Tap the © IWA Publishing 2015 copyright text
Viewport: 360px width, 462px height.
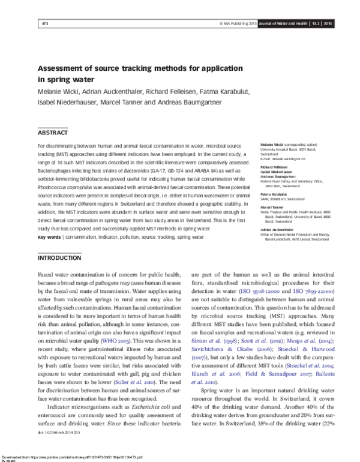(238, 23)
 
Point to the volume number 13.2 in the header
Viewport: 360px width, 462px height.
(314, 23)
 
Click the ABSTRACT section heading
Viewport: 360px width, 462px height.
(53, 132)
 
